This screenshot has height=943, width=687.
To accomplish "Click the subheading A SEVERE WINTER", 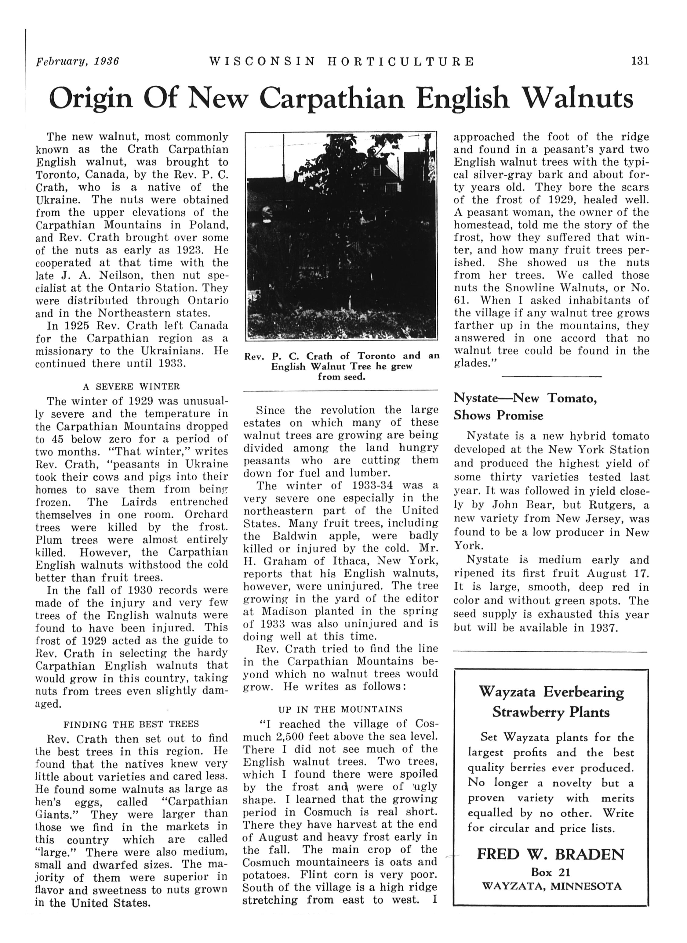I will coord(132,387).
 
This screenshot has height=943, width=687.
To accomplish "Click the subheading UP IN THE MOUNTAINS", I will coord(340,709).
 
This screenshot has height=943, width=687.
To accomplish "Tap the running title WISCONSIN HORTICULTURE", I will coord(342,62).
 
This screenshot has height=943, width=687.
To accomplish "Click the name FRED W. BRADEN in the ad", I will coord(551,854).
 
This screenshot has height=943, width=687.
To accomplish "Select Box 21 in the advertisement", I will coord(551,872).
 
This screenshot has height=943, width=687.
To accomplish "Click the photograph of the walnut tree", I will coord(341,235).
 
